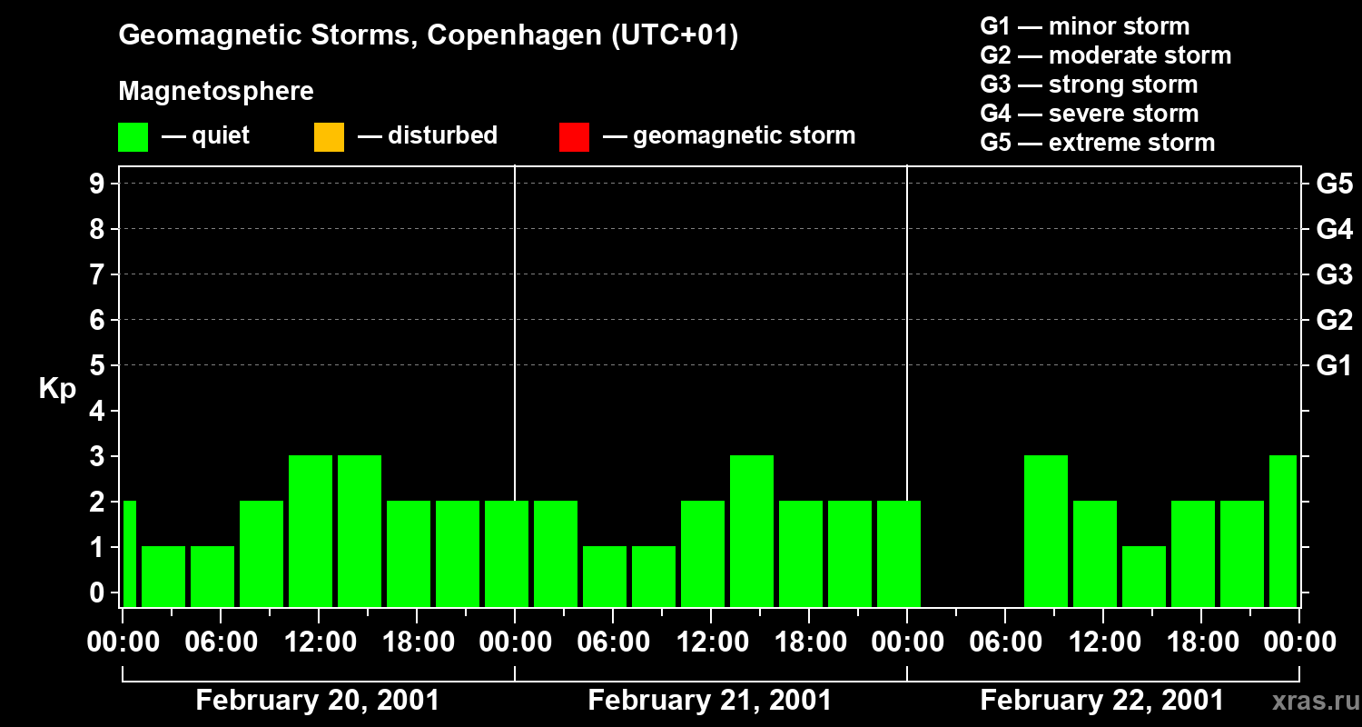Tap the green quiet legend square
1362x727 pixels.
coord(133,136)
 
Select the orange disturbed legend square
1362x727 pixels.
coord(329,136)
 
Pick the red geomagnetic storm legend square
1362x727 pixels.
coord(574,136)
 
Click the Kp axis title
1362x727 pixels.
coord(57,389)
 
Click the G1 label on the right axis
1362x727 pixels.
coord(1334,366)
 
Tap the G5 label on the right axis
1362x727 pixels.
coord(1334,184)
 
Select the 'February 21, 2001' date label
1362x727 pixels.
coord(710,701)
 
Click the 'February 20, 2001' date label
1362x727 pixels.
coord(318,701)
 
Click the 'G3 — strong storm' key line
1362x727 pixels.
coord(1089,85)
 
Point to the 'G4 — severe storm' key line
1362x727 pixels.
coord(1090,114)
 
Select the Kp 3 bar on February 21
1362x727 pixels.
coord(752,531)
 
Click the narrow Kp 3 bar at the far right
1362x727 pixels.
coord(1283,531)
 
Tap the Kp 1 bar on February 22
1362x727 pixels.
coord(1144,576)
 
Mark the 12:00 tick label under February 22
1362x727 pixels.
coord(1102,642)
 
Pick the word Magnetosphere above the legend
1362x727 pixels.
coord(216,92)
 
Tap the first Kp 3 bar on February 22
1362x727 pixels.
coord(1046,531)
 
